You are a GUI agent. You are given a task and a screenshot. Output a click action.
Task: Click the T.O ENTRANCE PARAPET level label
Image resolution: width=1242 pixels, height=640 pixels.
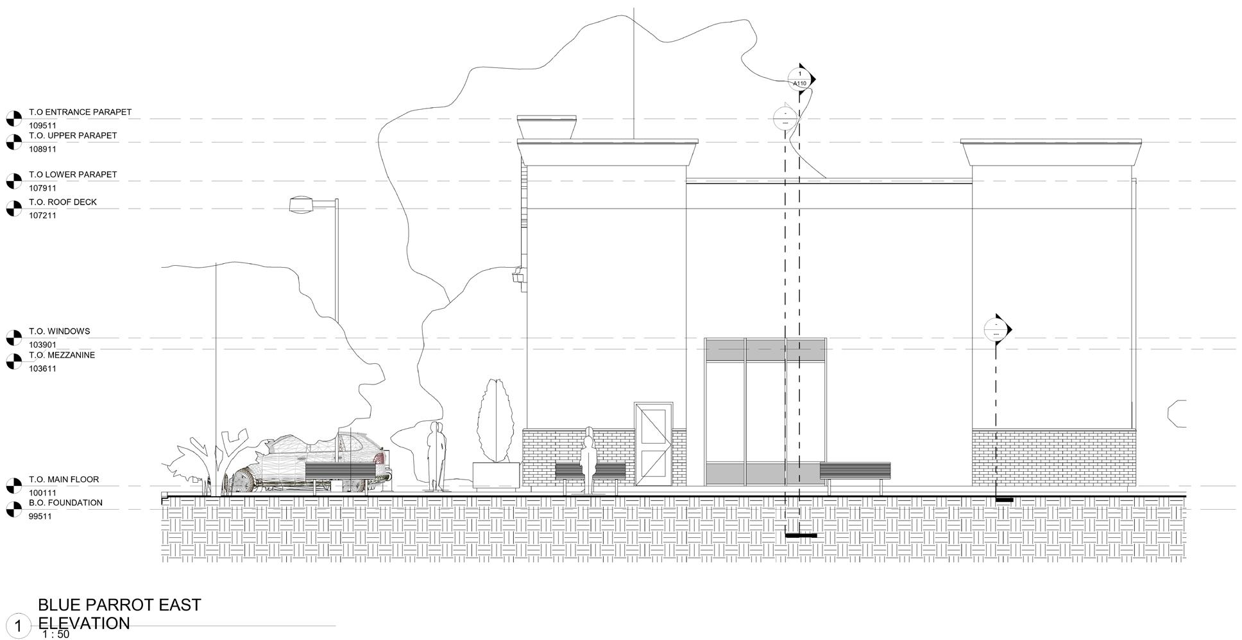pyautogui.click(x=80, y=112)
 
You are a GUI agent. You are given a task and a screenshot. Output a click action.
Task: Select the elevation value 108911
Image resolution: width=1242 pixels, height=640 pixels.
pyautogui.click(x=42, y=149)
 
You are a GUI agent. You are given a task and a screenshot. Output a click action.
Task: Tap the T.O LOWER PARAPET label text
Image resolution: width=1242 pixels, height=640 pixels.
pyautogui.click(x=72, y=174)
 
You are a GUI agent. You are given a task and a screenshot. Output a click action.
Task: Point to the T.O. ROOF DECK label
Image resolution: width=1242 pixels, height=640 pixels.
pyautogui.click(x=62, y=202)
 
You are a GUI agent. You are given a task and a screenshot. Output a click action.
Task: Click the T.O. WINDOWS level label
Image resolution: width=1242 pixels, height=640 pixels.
pyautogui.click(x=59, y=331)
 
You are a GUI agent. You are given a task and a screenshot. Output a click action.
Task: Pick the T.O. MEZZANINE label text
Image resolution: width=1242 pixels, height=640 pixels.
pyautogui.click(x=62, y=355)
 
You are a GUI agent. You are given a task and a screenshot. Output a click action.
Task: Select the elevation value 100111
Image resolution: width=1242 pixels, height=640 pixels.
pyautogui.click(x=42, y=493)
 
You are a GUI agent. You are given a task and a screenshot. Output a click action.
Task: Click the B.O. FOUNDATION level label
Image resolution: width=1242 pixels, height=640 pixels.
pyautogui.click(x=65, y=503)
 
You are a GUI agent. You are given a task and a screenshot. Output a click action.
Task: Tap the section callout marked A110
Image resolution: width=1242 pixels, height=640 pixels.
pyautogui.click(x=800, y=79)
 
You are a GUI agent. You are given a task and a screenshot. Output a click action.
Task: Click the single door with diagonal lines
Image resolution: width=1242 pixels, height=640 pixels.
pyautogui.click(x=653, y=444)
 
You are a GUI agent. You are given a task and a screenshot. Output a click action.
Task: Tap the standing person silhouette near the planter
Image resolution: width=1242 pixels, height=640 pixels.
pyautogui.click(x=436, y=455)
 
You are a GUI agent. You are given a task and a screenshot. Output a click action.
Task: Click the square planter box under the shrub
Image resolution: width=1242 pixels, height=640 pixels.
pyautogui.click(x=496, y=476)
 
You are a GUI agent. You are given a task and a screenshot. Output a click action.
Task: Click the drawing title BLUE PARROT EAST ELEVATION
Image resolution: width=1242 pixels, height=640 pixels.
pyautogui.click(x=119, y=614)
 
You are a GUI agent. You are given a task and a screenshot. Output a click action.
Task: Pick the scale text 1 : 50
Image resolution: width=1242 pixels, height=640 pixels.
pyautogui.click(x=55, y=634)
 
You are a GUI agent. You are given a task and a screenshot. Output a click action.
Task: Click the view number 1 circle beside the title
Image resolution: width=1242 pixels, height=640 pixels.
pyautogui.click(x=19, y=626)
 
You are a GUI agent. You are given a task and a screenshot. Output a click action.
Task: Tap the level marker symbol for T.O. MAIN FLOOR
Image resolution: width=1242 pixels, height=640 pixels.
pyautogui.click(x=13, y=485)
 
